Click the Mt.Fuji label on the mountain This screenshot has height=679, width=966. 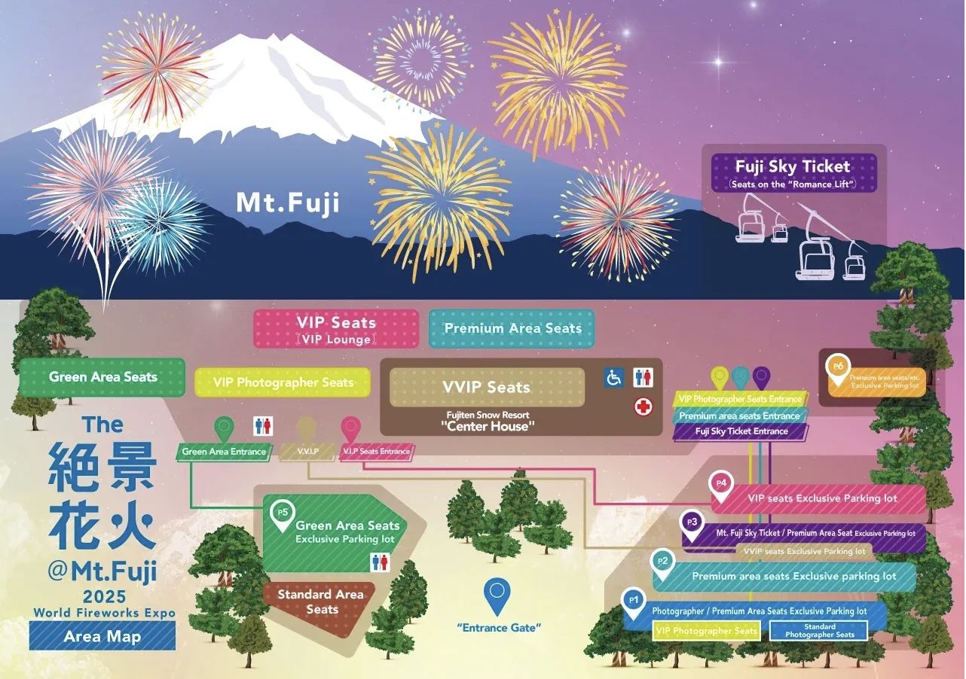[288, 203]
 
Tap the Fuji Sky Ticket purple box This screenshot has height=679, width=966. [794, 173]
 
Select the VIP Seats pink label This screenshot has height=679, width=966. [336, 329]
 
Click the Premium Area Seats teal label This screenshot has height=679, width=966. [512, 328]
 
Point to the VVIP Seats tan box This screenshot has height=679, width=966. [487, 387]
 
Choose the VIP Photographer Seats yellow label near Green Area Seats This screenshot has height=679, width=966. [283, 382]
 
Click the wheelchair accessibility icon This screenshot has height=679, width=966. [613, 378]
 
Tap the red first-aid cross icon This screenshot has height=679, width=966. [643, 406]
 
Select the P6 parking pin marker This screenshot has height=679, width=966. [837, 369]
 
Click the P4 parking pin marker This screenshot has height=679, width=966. [721, 486]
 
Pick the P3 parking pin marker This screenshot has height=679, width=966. [692, 525]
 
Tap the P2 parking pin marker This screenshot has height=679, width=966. [662, 564]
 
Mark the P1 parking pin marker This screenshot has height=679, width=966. [634, 603]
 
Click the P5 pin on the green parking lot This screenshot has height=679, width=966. [283, 515]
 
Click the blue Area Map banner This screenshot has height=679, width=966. [102, 636]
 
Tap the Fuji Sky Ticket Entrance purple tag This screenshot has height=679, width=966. [741, 431]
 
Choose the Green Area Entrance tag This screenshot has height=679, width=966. [224, 452]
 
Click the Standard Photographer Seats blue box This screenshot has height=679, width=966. [819, 631]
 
